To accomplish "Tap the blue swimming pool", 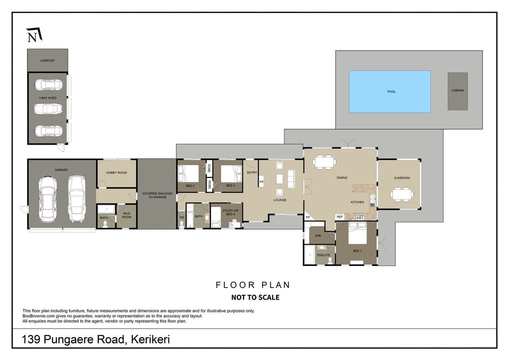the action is click(x=389, y=92).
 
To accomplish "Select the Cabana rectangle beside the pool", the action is click(x=458, y=91).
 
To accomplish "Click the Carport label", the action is click(x=48, y=61).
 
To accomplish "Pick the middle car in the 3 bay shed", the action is click(x=48, y=108).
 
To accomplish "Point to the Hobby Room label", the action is click(x=116, y=173).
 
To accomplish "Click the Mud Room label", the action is click(x=127, y=215).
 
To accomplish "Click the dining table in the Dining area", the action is click(x=325, y=162).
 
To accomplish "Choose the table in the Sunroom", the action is click(x=402, y=194).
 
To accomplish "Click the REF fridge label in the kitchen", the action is click(x=339, y=217).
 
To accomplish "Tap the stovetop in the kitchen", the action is click(x=360, y=217).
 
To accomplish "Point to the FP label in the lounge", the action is click(x=261, y=182).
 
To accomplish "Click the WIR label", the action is click(x=318, y=236).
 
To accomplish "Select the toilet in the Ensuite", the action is click(x=330, y=260).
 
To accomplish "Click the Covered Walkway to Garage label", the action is click(x=157, y=195).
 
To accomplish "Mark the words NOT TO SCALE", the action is click(x=255, y=297).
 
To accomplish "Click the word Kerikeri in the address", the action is click(x=150, y=340).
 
